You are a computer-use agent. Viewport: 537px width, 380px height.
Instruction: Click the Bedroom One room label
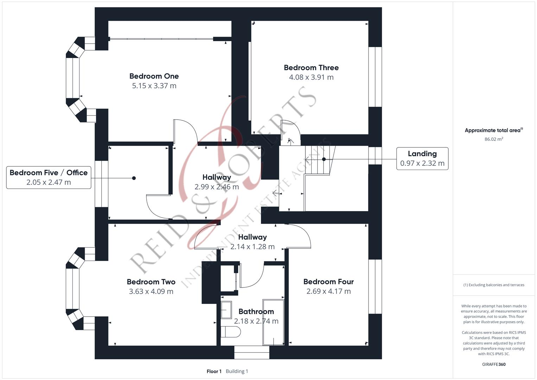click(x=154, y=76)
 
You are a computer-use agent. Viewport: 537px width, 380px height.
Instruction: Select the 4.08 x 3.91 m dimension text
click(x=311, y=77)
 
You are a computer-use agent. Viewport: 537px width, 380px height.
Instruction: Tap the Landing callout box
click(x=422, y=159)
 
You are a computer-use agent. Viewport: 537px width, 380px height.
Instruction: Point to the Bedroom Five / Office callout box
click(x=49, y=177)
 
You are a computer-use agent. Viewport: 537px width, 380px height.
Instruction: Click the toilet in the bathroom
click(x=230, y=331)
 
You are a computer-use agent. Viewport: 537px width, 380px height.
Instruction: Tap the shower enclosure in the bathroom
click(x=273, y=322)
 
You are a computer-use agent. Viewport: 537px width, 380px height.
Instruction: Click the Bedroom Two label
click(x=151, y=282)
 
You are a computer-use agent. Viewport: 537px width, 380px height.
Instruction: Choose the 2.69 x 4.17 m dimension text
click(x=328, y=291)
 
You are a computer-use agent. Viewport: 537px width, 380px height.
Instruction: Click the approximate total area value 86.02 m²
click(x=493, y=139)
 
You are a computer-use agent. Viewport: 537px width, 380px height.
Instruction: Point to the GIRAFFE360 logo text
click(x=493, y=364)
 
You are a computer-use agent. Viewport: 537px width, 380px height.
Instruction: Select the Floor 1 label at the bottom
click(x=214, y=371)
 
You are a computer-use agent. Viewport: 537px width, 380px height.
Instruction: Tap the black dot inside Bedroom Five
click(x=134, y=178)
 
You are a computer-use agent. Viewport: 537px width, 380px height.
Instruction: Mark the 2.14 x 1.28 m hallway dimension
click(x=252, y=247)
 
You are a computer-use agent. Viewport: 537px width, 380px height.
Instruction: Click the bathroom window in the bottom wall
click(x=252, y=352)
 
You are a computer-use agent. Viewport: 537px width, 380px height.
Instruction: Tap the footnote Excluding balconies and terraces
click(x=493, y=285)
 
